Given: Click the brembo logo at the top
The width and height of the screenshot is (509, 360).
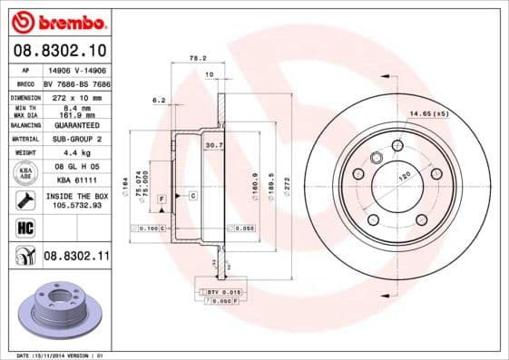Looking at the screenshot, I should click(56, 20).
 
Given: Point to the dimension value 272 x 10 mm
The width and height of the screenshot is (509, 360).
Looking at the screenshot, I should click(76, 95).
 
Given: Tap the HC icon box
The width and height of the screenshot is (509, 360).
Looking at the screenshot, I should click(26, 226).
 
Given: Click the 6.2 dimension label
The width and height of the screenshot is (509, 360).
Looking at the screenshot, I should click(159, 101).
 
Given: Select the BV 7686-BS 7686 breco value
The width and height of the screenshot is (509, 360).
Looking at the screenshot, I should click(77, 82).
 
